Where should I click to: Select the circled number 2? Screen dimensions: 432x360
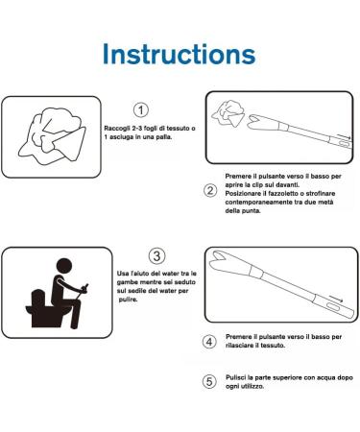tap(210, 189)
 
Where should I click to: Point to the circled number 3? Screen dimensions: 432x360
tap(156, 255)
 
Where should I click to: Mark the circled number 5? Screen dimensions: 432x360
tap(210, 381)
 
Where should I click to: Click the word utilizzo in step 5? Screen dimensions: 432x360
tap(252, 389)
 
